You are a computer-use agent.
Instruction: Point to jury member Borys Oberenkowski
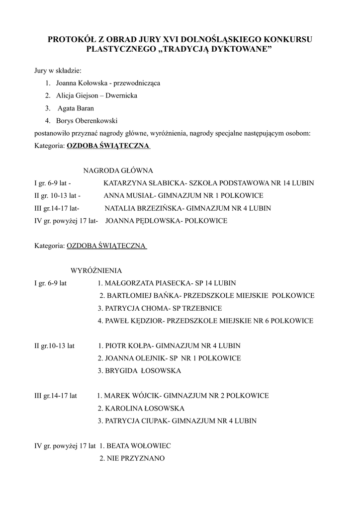tap(87, 120)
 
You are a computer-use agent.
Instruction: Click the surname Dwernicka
tap(119, 95)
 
